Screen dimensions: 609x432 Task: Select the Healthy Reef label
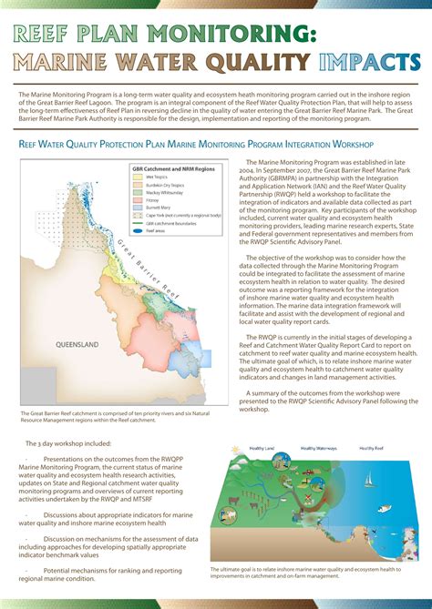click(x=371, y=448)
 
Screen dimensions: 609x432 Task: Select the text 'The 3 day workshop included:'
click(x=69, y=443)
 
